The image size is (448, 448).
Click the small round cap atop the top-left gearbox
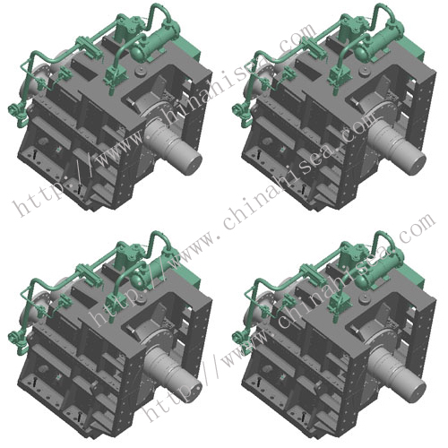click(140, 72)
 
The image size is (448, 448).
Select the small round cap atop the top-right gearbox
click(364, 72)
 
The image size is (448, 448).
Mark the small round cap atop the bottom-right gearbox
click(364, 299)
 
